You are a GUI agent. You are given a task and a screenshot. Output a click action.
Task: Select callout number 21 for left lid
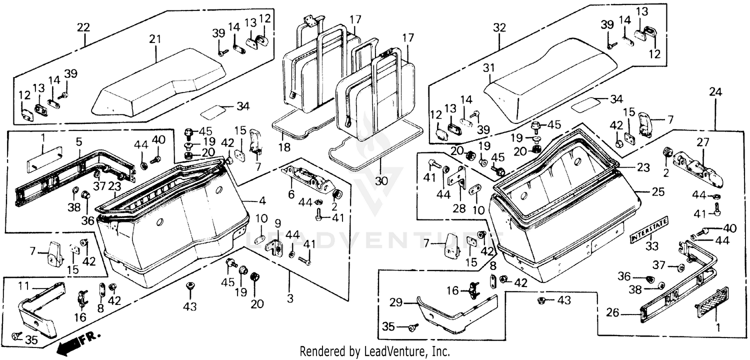tap(153, 37)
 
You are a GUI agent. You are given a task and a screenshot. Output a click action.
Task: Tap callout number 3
tap(290, 298)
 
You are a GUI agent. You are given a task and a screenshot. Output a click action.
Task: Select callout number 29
tap(396, 302)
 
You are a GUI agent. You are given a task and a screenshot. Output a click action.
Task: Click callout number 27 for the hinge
tap(703, 141)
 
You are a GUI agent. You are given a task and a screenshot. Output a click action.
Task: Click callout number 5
tap(78, 141)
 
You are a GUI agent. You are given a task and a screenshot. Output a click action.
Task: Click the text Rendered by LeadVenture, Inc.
tap(374, 351)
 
